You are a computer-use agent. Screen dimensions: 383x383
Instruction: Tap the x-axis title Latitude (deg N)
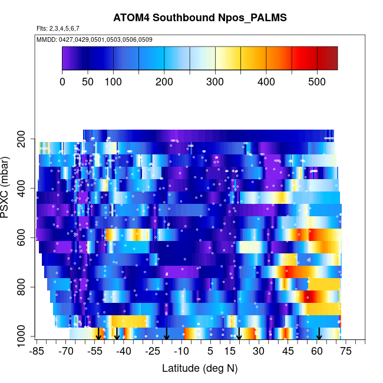200,368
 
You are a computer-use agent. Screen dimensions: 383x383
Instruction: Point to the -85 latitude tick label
37,352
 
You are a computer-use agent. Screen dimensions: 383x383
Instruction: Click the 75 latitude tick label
346,352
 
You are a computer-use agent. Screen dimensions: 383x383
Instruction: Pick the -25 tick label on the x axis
153,352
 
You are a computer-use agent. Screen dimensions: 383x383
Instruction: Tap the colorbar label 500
317,81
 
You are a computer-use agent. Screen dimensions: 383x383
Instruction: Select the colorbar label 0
62,81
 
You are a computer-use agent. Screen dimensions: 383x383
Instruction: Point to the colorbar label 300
215,81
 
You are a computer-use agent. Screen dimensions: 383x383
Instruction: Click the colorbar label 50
88,81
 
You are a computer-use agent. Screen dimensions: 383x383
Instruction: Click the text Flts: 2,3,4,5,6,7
58,28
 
